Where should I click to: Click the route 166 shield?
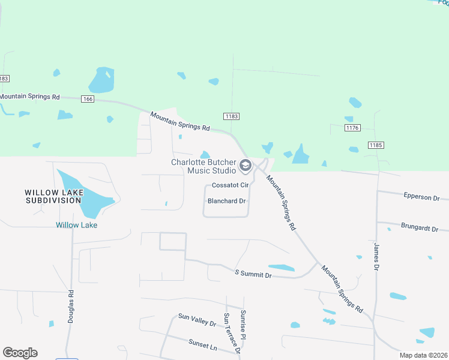[88, 99]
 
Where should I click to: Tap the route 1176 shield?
[352, 128]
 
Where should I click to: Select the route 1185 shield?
[376, 145]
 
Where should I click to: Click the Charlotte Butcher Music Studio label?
[203, 166]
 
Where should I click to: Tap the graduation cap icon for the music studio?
[245, 165]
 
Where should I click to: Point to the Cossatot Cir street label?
[230, 185]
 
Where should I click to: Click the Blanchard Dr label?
[227, 201]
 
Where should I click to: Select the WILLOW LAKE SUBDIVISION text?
[53, 196]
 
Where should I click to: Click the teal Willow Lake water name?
[76, 225]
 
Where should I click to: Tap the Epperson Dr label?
[421, 197]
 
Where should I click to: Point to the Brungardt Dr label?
[421, 229]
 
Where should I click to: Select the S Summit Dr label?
[252, 274]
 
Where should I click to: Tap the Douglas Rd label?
[71, 307]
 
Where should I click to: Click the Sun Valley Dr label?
[197, 319]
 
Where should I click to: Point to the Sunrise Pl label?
[244, 324]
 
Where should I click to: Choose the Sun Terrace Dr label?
[232, 333]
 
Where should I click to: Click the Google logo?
[20, 353]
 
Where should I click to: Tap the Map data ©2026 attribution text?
[423, 355]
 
